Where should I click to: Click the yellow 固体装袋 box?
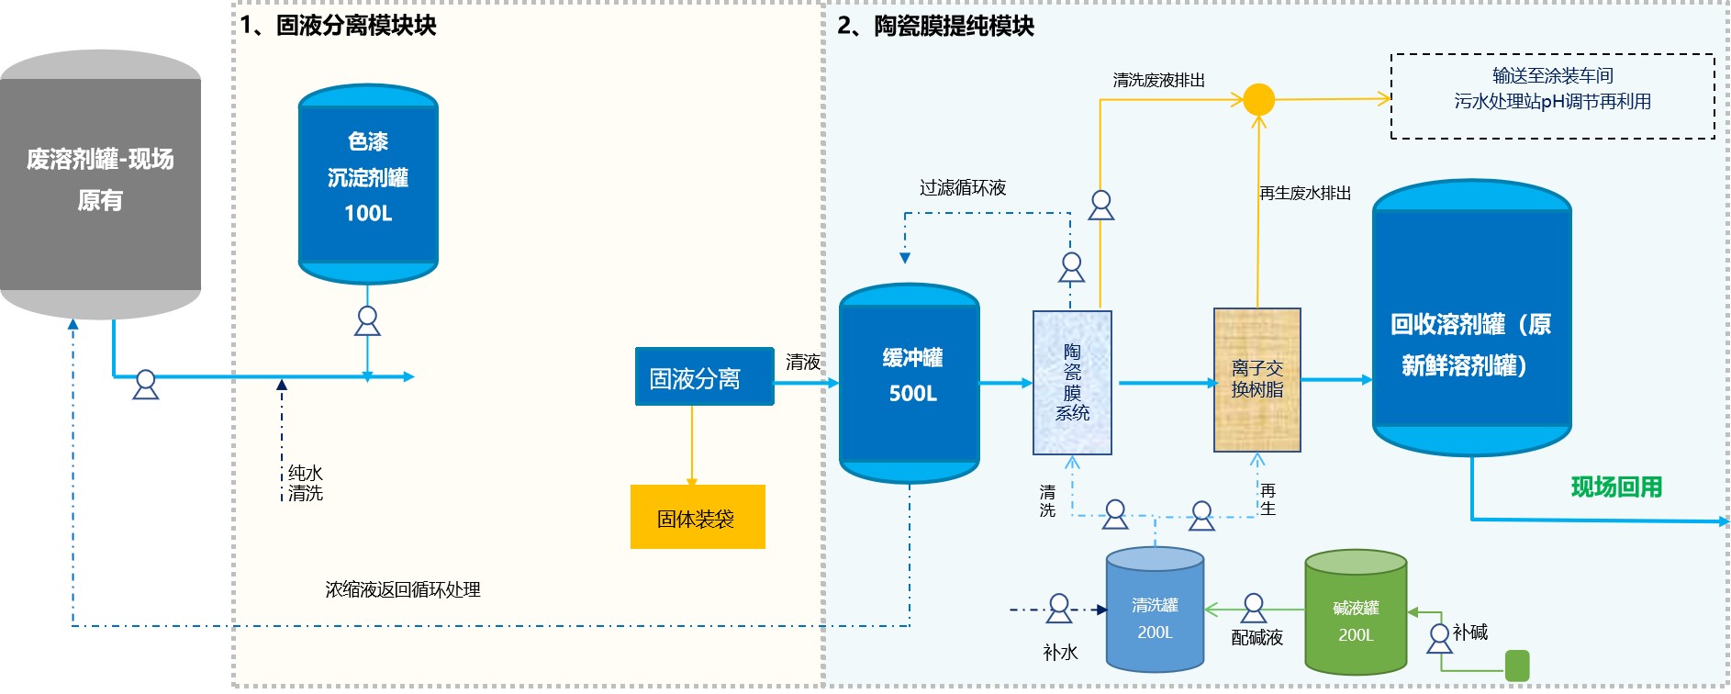(x=698, y=517)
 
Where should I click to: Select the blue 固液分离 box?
(x=704, y=376)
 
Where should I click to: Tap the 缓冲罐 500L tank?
(x=910, y=383)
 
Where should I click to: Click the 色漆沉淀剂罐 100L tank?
(x=368, y=184)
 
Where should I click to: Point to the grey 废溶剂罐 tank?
(x=100, y=184)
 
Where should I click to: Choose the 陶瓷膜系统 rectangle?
(x=1072, y=382)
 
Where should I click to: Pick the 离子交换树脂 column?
(x=1256, y=380)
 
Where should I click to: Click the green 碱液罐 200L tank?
(x=1356, y=612)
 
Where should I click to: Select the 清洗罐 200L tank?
(x=1155, y=610)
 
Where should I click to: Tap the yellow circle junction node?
(x=1258, y=99)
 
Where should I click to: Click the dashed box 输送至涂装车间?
(x=1552, y=95)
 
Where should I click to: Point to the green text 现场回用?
(x=1616, y=487)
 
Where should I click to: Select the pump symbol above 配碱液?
(x=1254, y=608)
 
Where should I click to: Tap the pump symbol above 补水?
(x=1059, y=608)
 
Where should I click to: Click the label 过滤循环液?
(x=963, y=188)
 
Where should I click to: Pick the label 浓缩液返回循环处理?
(x=403, y=589)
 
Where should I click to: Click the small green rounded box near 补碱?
(x=1517, y=666)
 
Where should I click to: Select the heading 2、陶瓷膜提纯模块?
(x=935, y=26)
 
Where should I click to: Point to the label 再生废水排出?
(x=1304, y=193)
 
